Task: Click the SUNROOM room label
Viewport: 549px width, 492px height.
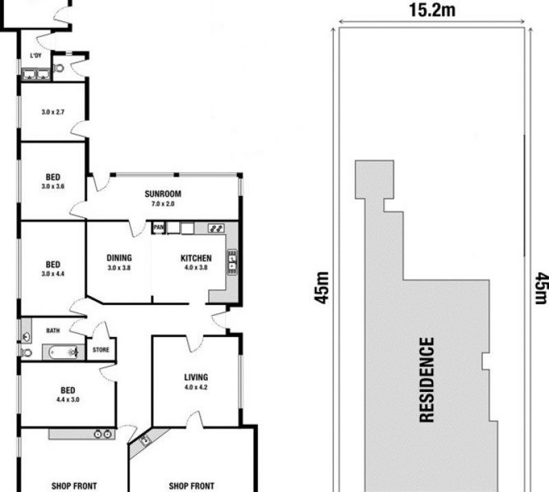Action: (x=163, y=194)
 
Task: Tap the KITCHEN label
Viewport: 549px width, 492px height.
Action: (x=196, y=258)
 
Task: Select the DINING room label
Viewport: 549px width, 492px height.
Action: (x=119, y=258)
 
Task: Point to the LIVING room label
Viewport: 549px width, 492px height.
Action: (x=196, y=377)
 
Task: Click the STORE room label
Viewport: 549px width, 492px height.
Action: (x=101, y=349)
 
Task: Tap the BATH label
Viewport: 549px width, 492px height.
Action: (x=53, y=330)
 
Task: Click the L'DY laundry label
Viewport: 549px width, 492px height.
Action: (x=36, y=56)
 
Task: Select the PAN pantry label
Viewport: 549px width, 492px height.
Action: (x=159, y=227)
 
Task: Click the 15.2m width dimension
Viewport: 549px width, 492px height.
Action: (x=432, y=10)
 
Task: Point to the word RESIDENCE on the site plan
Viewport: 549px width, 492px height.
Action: (x=427, y=380)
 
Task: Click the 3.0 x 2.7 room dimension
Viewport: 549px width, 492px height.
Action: (x=53, y=112)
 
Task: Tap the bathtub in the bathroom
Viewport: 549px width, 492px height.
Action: (x=63, y=352)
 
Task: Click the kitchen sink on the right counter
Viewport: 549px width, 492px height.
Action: (x=233, y=262)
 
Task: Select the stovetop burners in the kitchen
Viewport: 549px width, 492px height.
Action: (x=216, y=228)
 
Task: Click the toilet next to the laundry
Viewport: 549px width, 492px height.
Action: (x=59, y=68)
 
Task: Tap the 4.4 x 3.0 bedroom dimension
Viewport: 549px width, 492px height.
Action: (x=68, y=399)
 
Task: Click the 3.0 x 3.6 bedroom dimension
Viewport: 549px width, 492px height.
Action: (x=53, y=186)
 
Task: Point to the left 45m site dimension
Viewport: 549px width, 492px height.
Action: (x=321, y=287)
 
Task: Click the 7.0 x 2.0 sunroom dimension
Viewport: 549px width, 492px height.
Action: (x=163, y=204)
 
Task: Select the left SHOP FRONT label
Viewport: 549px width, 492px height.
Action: (x=74, y=486)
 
